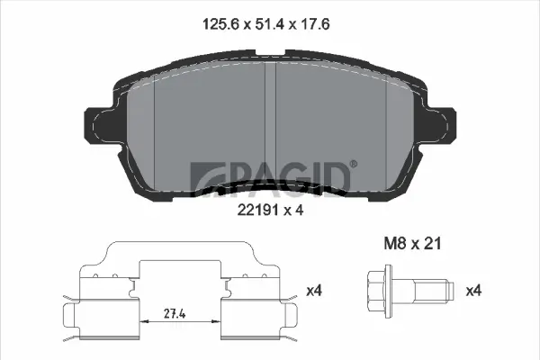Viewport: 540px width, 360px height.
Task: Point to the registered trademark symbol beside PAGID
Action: [353, 163]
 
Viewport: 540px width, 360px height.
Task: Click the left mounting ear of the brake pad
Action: [99, 126]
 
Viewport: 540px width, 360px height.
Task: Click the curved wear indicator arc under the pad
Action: [270, 188]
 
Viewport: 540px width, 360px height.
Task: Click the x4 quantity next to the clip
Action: [314, 291]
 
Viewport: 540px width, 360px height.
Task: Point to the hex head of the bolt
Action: [377, 290]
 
